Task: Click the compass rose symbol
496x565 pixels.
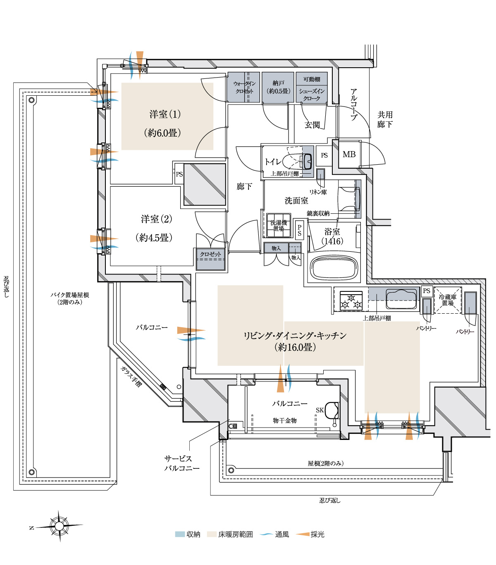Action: [59, 526]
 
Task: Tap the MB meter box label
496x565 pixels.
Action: [349, 154]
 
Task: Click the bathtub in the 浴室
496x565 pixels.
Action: [334, 267]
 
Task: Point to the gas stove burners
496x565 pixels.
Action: [351, 301]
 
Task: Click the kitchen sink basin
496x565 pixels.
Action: [401, 299]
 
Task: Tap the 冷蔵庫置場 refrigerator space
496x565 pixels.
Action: [447, 300]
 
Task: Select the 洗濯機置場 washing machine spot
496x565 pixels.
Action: [279, 225]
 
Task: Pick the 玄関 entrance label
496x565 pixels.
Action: [312, 125]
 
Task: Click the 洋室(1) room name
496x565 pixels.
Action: [165, 114]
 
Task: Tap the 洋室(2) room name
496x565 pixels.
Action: [156, 219]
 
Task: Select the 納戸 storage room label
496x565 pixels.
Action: [278, 83]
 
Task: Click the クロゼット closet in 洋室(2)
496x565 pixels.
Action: [210, 260]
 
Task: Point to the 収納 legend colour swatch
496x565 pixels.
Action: [180, 534]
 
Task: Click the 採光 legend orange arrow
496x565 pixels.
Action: [303, 534]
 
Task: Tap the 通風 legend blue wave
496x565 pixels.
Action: [266, 534]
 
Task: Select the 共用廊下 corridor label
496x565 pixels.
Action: [385, 119]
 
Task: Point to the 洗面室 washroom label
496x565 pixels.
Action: [296, 201]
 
